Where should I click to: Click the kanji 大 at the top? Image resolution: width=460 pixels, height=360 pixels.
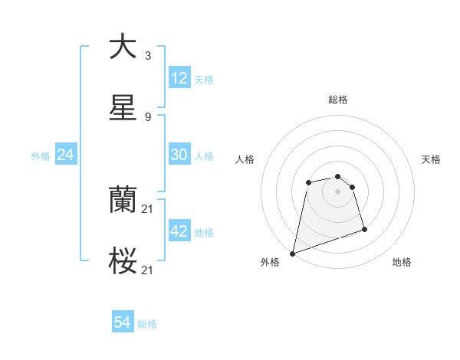click(x=123, y=47)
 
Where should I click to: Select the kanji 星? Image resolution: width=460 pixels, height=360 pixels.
click(x=123, y=108)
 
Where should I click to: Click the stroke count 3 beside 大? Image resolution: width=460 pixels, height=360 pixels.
click(x=147, y=56)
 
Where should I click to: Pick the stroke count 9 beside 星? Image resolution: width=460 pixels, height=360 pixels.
click(x=147, y=117)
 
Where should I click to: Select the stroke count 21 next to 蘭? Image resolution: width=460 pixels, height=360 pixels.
click(x=149, y=209)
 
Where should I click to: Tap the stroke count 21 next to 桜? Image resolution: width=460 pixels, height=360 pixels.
click(x=149, y=270)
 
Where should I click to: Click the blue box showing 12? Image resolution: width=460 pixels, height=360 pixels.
click(x=179, y=78)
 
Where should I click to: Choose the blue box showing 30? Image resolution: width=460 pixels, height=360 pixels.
click(x=179, y=155)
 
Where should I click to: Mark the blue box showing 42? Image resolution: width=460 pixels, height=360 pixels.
click(x=179, y=231)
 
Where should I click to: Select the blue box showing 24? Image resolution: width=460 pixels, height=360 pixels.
click(x=66, y=155)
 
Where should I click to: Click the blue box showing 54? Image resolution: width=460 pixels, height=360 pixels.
click(x=123, y=323)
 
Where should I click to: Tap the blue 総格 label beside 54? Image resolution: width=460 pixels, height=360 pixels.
click(x=147, y=324)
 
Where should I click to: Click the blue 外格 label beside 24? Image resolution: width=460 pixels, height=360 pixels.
click(x=41, y=155)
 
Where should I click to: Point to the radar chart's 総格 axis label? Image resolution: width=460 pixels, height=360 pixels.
click(x=338, y=100)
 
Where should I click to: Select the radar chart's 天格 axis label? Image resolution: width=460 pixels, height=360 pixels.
click(x=431, y=159)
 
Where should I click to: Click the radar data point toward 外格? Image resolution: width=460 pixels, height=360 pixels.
click(x=293, y=253)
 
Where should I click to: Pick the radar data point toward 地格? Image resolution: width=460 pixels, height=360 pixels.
click(x=364, y=229)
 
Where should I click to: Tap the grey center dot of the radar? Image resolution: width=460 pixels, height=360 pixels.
click(x=338, y=191)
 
